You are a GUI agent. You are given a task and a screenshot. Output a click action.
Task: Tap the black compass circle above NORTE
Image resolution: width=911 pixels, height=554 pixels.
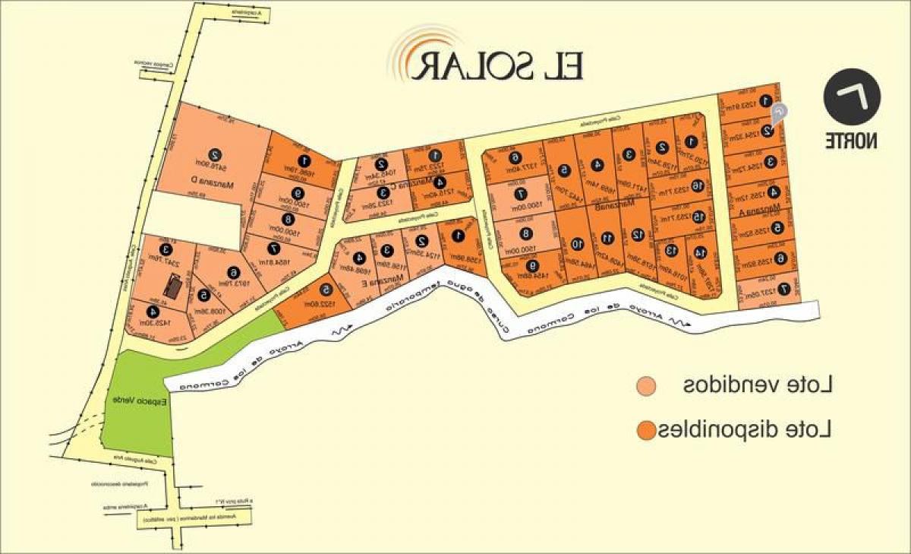[852, 100]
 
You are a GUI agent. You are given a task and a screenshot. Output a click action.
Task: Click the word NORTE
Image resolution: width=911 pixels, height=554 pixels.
[852, 141]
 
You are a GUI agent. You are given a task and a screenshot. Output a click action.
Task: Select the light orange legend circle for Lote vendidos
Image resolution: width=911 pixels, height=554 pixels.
[646, 386]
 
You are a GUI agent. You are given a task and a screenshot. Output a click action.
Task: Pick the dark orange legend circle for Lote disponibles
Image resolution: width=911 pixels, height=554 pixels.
[646, 431]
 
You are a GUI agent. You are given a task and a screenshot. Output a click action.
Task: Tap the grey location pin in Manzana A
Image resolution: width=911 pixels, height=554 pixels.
[779, 113]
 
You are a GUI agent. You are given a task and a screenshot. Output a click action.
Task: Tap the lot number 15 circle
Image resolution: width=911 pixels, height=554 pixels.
[698, 217]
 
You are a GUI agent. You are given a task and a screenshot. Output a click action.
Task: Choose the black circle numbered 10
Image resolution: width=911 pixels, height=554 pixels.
[577, 244]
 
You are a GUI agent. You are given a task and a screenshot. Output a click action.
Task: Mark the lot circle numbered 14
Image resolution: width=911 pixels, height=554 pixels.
[699, 252]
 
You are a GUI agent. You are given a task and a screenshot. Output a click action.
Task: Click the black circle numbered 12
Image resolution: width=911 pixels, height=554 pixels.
[636, 235]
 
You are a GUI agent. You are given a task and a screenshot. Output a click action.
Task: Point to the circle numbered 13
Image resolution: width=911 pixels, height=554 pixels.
[670, 249]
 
